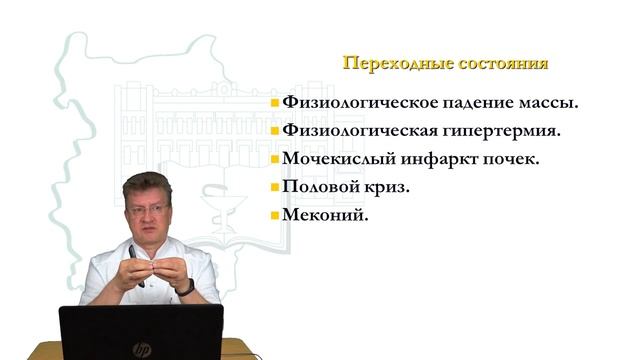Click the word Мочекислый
[x=335, y=158]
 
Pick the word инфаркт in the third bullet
[x=435, y=158]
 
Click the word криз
[x=386, y=187]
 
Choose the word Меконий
[x=320, y=215]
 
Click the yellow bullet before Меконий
[x=275, y=215]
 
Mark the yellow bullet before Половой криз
[x=275, y=187]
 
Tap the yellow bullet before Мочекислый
[x=275, y=158]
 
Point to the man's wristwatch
[x=186, y=287]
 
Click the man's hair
[x=147, y=184]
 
